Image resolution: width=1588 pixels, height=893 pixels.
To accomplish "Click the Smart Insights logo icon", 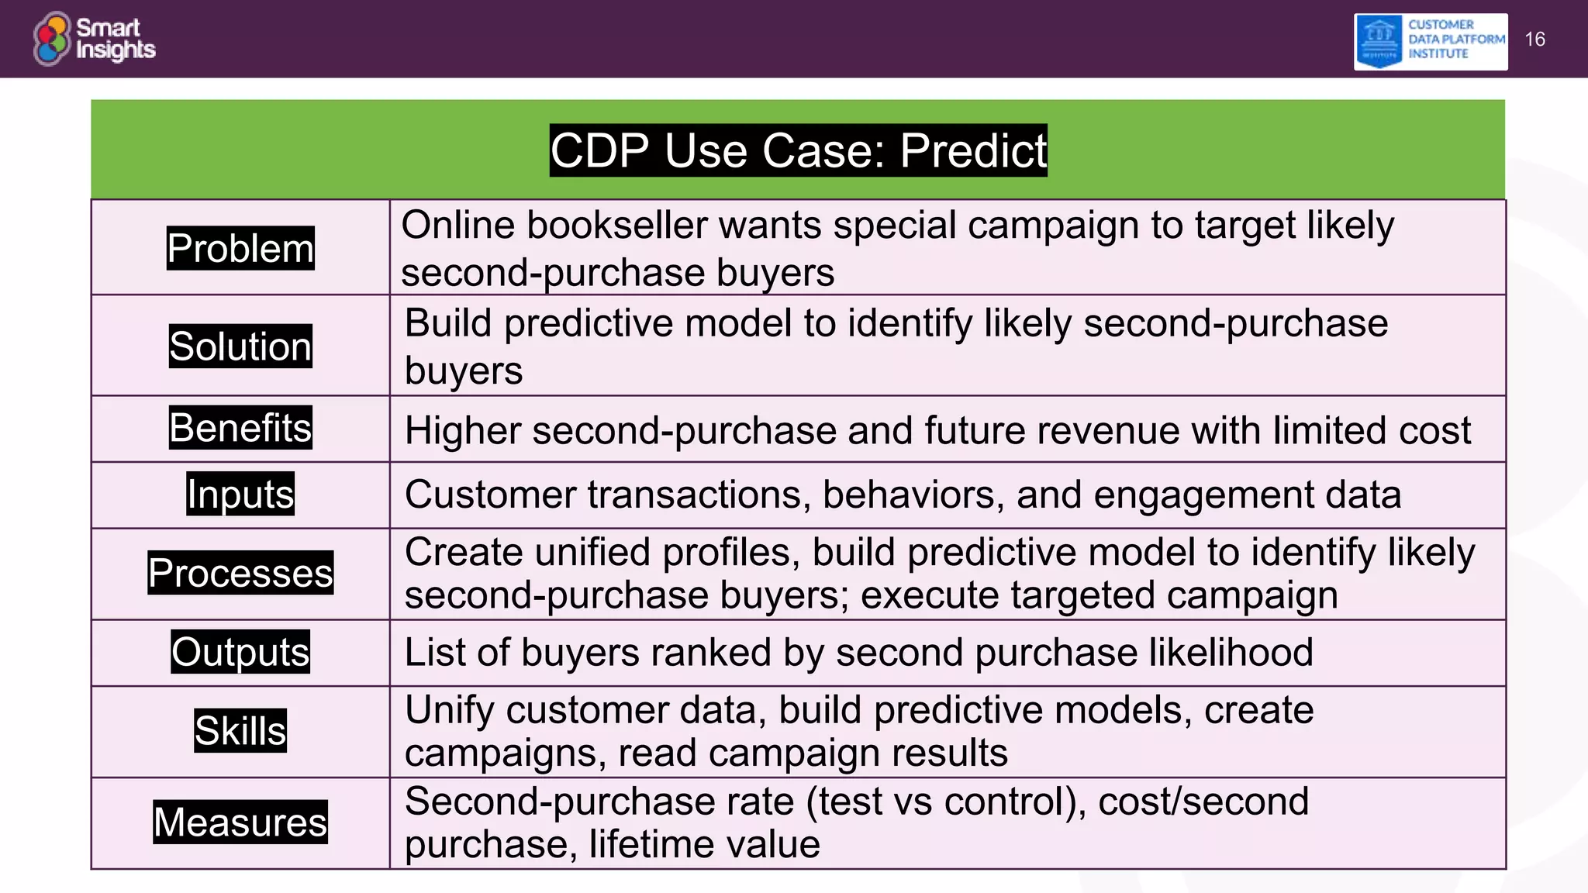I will [x=52, y=39].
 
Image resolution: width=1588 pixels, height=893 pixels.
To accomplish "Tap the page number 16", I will [x=1534, y=40].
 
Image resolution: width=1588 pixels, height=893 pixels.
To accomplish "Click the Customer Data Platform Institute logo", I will [x=1430, y=41].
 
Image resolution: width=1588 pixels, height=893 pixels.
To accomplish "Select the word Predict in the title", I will [x=973, y=150].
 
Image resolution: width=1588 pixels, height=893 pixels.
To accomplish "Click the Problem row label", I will [x=240, y=248].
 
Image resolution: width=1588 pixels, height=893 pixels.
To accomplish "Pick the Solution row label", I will [x=240, y=346].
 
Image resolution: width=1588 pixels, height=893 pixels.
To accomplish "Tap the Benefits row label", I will [x=240, y=428].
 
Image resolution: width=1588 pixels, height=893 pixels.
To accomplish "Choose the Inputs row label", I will [x=240, y=494].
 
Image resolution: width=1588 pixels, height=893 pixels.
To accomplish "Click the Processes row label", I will [x=240, y=573].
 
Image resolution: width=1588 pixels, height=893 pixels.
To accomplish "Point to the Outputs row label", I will [x=240, y=652].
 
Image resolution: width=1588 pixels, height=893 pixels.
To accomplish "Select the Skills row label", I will [x=240, y=731].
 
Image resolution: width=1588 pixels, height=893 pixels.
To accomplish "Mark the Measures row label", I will [x=240, y=822].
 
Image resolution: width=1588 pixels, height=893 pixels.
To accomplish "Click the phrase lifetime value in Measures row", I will [x=703, y=844].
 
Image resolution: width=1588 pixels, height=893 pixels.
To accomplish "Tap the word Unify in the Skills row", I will [x=449, y=711].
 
